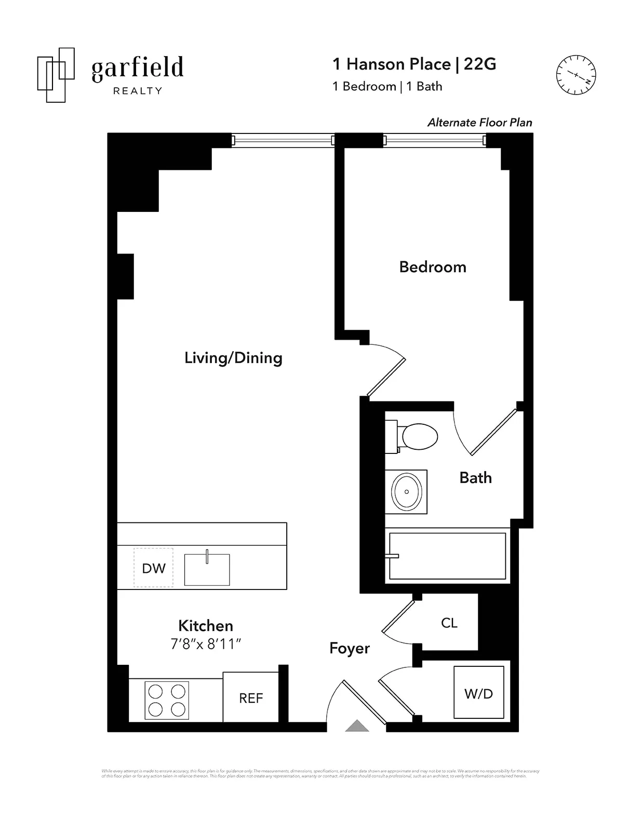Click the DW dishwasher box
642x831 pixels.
153,568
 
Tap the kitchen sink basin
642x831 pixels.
207,570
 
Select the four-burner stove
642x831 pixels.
167,701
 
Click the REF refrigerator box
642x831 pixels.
251,698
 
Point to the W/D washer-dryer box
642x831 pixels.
478,693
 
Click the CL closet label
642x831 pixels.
449,623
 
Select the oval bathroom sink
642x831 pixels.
406,491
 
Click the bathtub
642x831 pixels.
447,556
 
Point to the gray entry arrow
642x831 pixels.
357,726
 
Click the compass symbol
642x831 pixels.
576,75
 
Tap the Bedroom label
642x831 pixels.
432,267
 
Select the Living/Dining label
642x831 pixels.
233,358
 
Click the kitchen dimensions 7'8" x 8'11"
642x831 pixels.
206,644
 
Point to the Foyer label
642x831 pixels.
349,648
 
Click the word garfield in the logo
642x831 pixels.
137,69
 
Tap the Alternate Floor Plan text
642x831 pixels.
479,123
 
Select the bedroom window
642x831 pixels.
435,140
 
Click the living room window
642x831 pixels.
283,140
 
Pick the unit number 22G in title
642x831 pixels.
479,64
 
